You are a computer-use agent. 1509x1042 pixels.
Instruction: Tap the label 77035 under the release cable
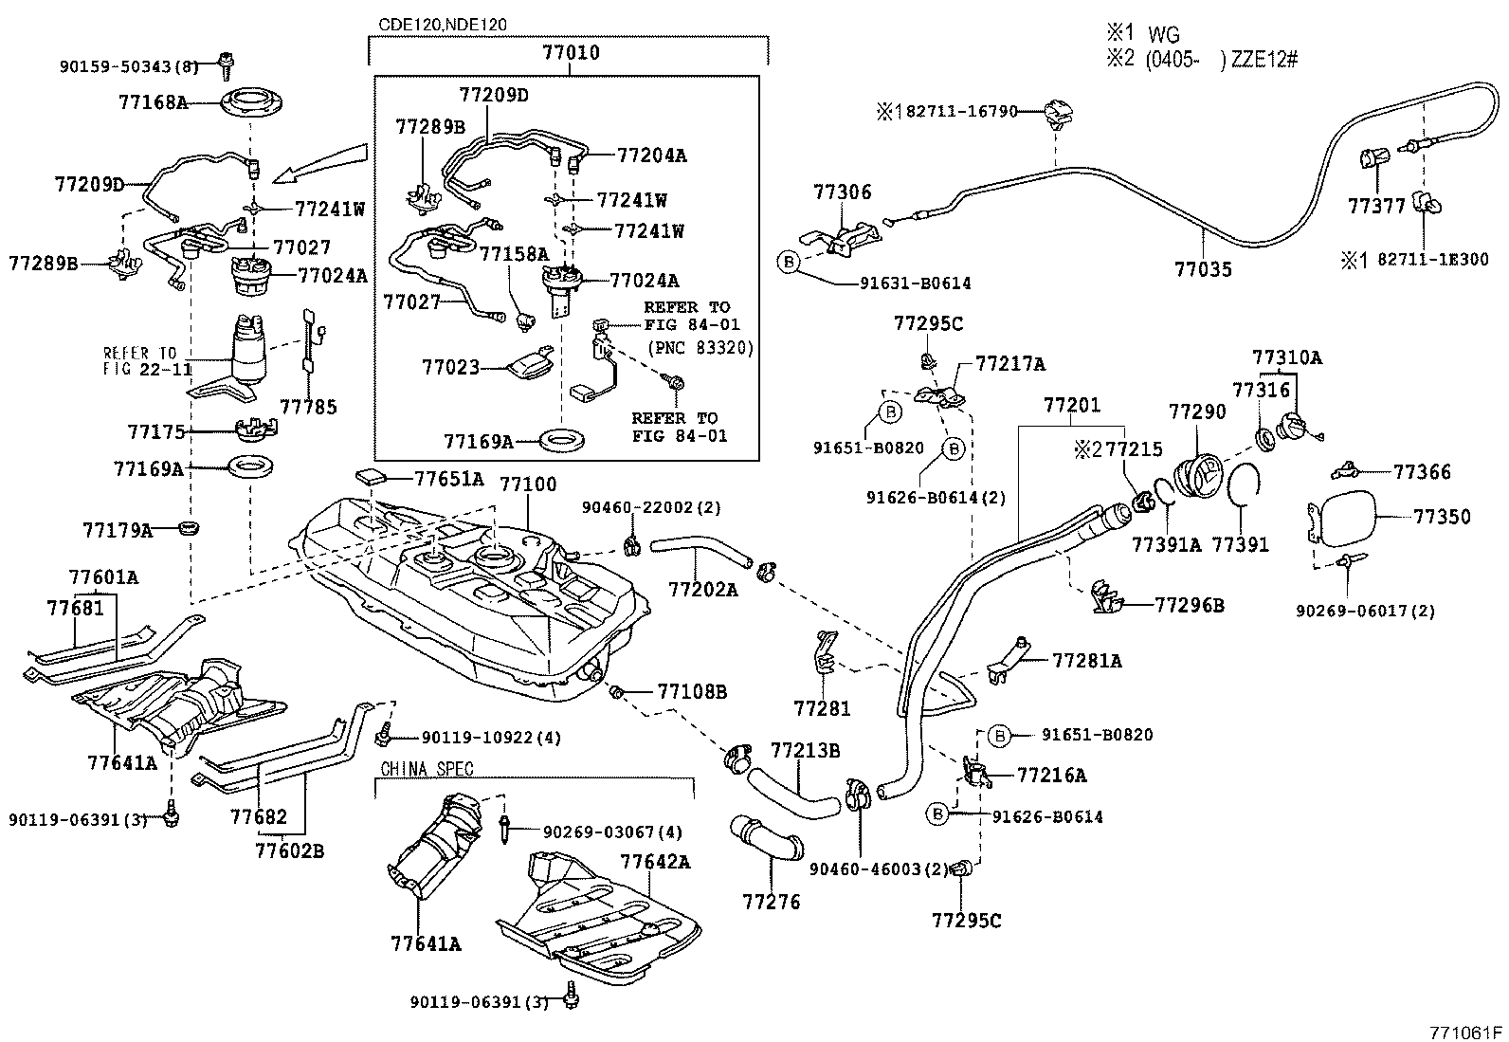pos(1203,269)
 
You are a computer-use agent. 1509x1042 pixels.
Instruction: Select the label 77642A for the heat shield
pos(655,862)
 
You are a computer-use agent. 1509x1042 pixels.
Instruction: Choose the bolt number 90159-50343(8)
pos(129,65)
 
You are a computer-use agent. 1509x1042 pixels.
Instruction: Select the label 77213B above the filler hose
pos(805,751)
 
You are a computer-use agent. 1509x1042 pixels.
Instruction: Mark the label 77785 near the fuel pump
pos(308,407)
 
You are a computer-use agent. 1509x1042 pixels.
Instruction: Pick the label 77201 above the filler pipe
pos(1072,406)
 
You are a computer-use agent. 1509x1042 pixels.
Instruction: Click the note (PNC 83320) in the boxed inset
pos(700,348)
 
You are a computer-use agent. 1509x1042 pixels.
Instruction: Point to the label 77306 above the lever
pos(842,192)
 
